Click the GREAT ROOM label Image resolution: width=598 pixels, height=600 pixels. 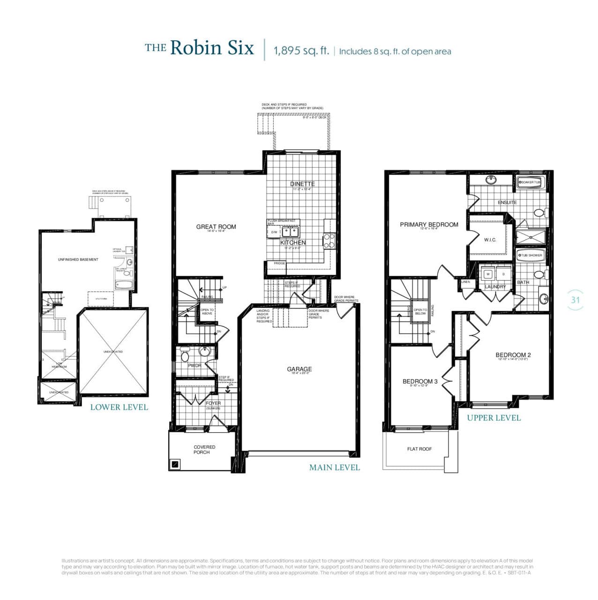tap(216, 227)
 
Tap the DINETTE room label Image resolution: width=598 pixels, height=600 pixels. tap(302, 184)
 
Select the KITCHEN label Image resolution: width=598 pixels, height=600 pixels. tap(293, 242)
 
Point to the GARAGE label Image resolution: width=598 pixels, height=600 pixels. tap(299, 369)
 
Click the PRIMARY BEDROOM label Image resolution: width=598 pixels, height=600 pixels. tap(429, 225)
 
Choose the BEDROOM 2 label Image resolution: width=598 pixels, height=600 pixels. tap(513, 355)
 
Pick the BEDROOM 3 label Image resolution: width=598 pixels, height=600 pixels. tap(420, 381)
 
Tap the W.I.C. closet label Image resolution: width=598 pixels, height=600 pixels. tap(490, 240)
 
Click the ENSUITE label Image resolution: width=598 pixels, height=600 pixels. tap(507, 202)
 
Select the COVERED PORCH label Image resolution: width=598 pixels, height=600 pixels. tap(205, 450)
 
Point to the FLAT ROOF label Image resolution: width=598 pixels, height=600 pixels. tap(419, 449)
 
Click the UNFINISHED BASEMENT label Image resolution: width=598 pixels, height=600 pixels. tap(78, 260)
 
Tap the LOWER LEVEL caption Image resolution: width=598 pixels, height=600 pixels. tap(119, 407)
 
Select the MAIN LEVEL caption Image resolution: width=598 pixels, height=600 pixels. tap(335, 467)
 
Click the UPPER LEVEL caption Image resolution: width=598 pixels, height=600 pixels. tap(494, 418)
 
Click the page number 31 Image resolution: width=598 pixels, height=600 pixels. tap(576, 300)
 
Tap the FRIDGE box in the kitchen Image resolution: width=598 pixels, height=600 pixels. tap(279, 263)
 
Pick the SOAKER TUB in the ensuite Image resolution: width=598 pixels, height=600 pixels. tap(530, 182)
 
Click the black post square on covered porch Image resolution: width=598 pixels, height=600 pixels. tap(175, 464)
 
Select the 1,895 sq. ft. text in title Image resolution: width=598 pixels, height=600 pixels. tap(301, 51)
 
